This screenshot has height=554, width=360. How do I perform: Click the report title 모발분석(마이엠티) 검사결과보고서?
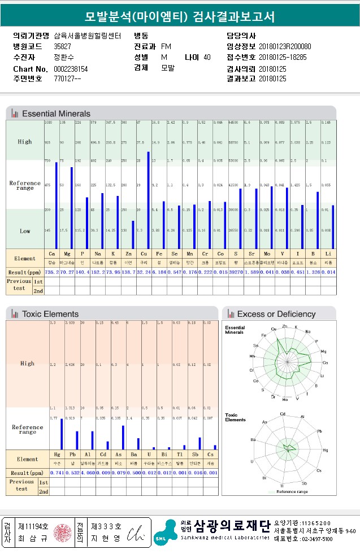coord(180,16)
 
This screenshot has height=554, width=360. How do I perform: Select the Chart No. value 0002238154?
coord(71,69)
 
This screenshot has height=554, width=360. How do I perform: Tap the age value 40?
coord(207,58)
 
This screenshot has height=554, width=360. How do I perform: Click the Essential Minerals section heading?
coord(56,114)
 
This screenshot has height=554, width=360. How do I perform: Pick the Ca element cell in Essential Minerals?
coord(52,255)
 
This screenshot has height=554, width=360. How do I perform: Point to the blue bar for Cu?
coord(149,200)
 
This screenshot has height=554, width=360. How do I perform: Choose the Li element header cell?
coord(329,255)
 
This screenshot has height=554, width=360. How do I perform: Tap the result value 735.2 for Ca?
coord(52,272)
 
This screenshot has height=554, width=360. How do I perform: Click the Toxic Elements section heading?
coord(50,314)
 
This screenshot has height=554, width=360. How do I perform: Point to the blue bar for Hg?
coord(61,434)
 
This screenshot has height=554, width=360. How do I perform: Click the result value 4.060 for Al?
coord(88,473)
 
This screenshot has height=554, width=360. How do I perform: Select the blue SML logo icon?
coord(164,533)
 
